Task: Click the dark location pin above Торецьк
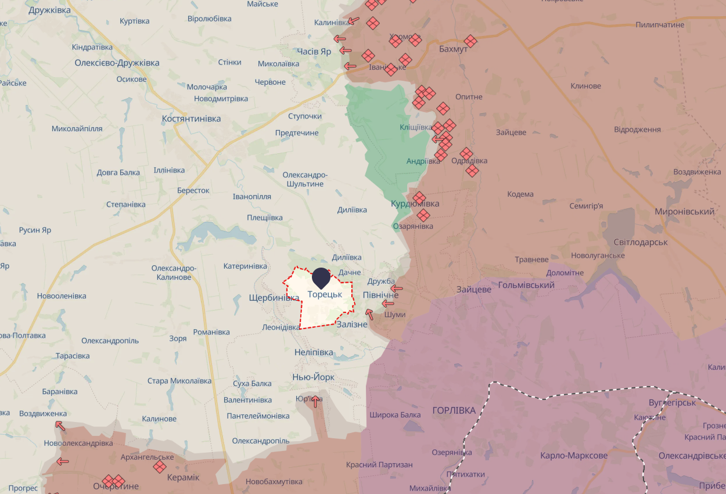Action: click(321, 278)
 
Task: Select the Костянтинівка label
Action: click(191, 118)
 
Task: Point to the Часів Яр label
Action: click(314, 52)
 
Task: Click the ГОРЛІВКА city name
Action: click(454, 410)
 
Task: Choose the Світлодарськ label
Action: click(641, 242)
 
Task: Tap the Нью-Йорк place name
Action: click(313, 377)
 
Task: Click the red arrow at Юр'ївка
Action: click(315, 401)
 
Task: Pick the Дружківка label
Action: click(49, 10)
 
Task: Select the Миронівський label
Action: click(684, 212)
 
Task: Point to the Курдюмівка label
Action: click(415, 204)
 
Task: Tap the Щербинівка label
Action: click(274, 297)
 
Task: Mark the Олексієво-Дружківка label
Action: click(117, 63)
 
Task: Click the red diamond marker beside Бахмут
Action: click(470, 41)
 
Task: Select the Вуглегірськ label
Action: click(672, 402)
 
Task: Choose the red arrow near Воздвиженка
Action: click(60, 426)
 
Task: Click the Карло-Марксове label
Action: click(574, 456)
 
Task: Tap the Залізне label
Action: click(352, 324)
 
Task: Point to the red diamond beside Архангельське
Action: click(160, 466)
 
